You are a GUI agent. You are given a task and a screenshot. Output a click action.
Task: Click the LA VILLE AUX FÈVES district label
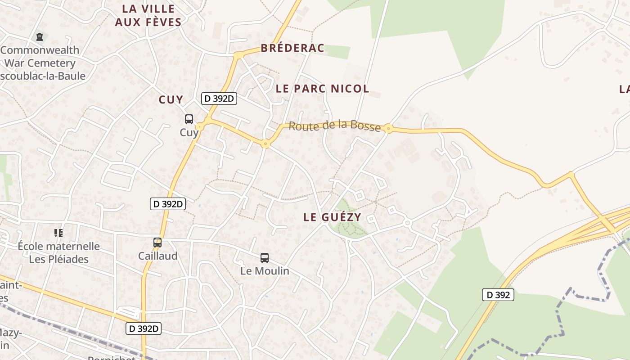point(148,15)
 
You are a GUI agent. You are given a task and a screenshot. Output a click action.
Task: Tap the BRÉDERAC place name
point(292,48)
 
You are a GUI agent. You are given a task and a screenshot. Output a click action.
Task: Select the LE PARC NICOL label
point(322,89)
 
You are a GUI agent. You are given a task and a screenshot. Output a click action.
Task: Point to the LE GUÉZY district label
point(332,217)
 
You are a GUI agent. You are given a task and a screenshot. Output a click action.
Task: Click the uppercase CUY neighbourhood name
point(171,99)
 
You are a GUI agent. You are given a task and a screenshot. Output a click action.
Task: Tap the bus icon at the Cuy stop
point(189,119)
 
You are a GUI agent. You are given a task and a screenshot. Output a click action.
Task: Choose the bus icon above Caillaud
point(157,243)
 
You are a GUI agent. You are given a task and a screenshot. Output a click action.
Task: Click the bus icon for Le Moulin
point(265,258)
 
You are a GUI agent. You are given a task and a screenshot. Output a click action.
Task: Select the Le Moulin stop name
point(265,271)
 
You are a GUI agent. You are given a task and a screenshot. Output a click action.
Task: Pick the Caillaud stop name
point(157,256)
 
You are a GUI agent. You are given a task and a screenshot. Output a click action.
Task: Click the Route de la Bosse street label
point(334,126)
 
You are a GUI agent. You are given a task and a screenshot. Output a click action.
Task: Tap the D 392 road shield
point(498,295)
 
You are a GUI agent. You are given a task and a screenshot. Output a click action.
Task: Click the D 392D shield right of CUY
point(219,99)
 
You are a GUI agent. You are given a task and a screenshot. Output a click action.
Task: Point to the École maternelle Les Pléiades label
point(58,252)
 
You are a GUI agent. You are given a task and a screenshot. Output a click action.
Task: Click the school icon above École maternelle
point(58,233)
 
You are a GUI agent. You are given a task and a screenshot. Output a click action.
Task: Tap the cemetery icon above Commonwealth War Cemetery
point(40,36)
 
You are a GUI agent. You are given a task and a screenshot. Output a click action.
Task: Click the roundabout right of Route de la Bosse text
point(388,129)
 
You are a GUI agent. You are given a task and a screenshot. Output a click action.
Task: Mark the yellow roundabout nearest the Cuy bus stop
point(200,126)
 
